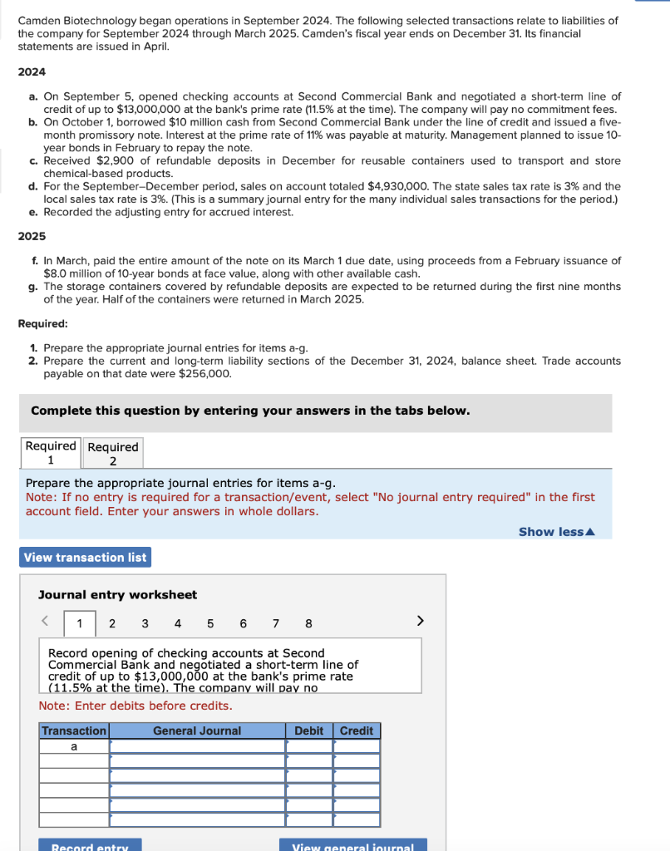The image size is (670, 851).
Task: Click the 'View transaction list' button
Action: pos(85,557)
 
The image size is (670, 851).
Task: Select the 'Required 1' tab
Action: pos(51,453)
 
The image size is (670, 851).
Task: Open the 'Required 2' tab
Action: pos(113,454)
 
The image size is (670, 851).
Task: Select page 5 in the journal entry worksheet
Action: pos(209,623)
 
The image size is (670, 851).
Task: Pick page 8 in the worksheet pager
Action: pos(308,623)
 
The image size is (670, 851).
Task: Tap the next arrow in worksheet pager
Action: pos(420,621)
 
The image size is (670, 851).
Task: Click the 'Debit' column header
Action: pos(309,730)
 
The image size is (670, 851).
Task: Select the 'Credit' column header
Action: pos(357,730)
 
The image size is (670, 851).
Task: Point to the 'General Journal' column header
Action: pos(197,730)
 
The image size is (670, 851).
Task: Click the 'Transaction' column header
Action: pos(74,730)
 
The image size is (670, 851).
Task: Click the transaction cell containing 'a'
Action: pos(74,746)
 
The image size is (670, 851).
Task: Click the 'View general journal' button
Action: pos(353,845)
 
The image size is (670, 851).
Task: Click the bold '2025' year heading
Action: pos(32,236)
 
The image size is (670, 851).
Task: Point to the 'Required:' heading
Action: pos(42,323)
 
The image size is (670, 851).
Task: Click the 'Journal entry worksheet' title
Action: pos(118,594)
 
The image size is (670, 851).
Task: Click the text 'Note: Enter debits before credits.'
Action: pos(135,706)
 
